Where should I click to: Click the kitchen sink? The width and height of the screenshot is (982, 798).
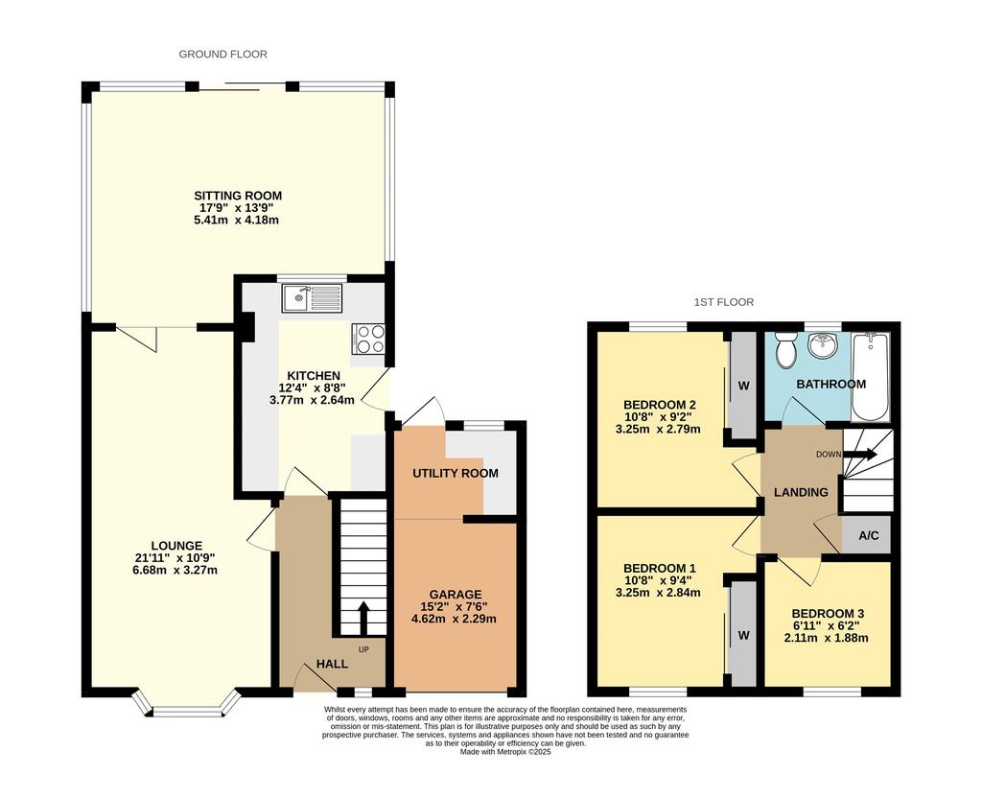pos(313,298)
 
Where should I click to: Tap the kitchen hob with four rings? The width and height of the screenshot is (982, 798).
pos(369,339)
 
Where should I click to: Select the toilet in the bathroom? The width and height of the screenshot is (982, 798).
pos(784,350)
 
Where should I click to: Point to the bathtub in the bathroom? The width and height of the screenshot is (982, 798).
pos(870,378)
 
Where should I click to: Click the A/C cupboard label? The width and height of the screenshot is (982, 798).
pos(869,535)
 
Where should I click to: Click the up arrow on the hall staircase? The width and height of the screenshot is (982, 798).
pos(362,619)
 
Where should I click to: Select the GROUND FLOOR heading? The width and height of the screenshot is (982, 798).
pos(222,55)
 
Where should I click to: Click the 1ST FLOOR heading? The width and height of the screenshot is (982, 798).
pos(724,302)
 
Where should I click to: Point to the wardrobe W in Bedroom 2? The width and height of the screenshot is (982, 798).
pos(743,386)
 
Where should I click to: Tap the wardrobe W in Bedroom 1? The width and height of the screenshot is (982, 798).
pos(743,636)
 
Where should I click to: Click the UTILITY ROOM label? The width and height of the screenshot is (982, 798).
pos(456,473)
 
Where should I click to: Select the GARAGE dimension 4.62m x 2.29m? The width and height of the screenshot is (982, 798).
pos(454,619)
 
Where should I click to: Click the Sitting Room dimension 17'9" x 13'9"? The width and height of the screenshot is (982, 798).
pos(238,207)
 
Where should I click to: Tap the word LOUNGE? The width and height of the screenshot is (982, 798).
pos(176,546)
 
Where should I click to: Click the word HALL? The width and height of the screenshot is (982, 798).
pos(331,664)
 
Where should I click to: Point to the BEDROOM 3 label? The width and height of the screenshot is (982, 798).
pos(828,614)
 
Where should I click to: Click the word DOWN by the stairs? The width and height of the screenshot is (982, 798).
pos(828,454)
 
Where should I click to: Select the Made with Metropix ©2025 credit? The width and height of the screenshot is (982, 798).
pos(505,752)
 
